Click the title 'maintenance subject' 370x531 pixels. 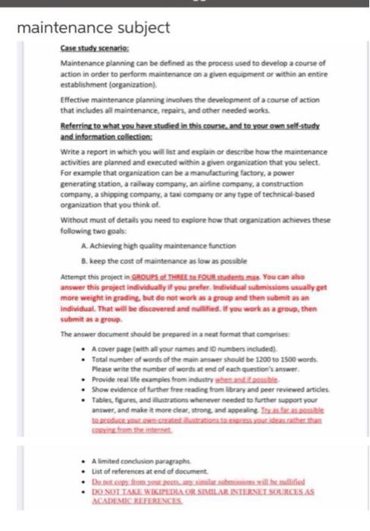click(x=93, y=29)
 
